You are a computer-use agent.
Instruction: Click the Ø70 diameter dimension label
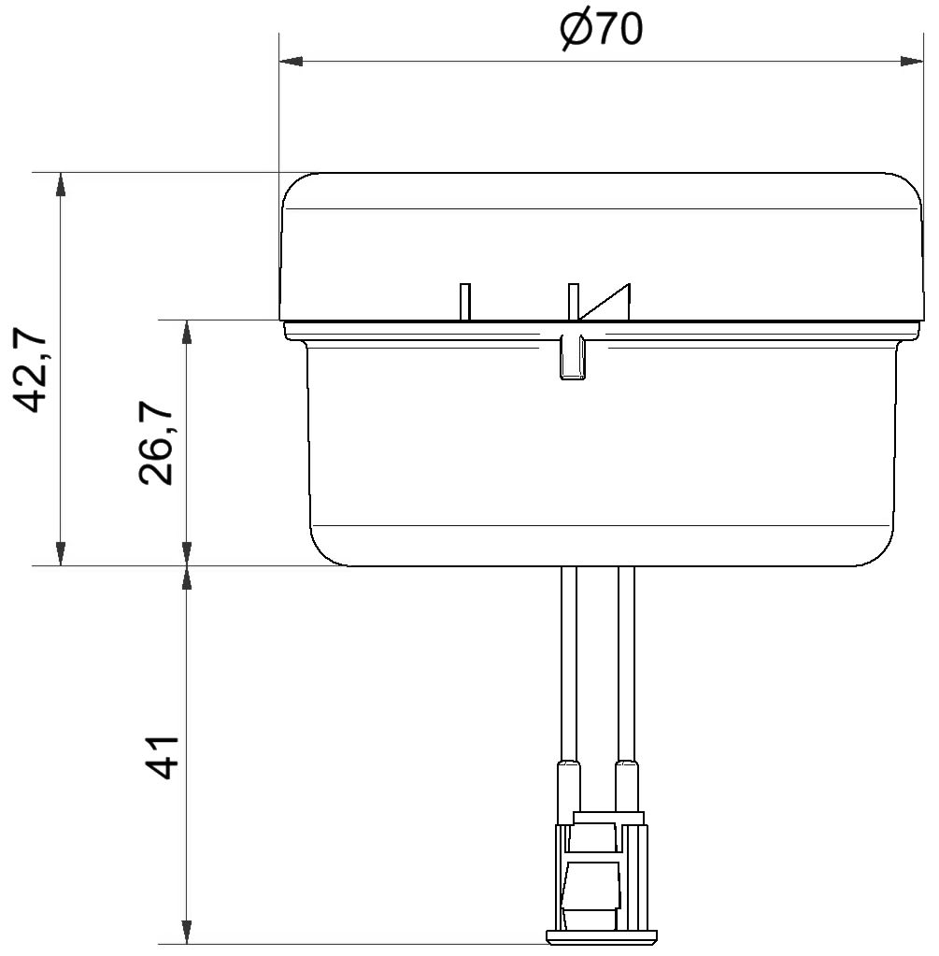[x=601, y=30]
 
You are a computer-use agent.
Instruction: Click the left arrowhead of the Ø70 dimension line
[x=291, y=61]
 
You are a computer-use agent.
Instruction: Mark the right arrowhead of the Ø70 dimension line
[x=912, y=61]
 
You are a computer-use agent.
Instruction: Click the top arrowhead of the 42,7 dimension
[x=60, y=185]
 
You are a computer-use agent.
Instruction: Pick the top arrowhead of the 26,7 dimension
[x=187, y=332]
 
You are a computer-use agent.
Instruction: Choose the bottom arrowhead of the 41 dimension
[x=187, y=933]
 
